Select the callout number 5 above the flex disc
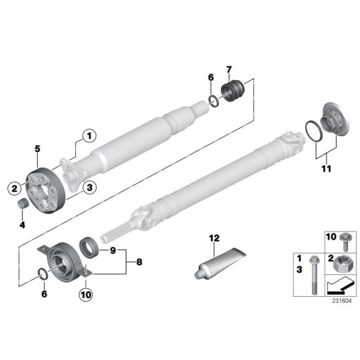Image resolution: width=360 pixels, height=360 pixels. click(37, 149)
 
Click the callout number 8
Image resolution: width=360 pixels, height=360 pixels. click(139, 262)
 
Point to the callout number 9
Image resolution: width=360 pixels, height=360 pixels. click(113, 250)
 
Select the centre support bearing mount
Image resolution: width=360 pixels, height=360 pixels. click(62, 261)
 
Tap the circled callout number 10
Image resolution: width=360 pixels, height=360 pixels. click(85, 295)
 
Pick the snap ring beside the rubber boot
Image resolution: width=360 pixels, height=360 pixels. click(212, 100)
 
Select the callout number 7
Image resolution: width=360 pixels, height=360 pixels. click(228, 68)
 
